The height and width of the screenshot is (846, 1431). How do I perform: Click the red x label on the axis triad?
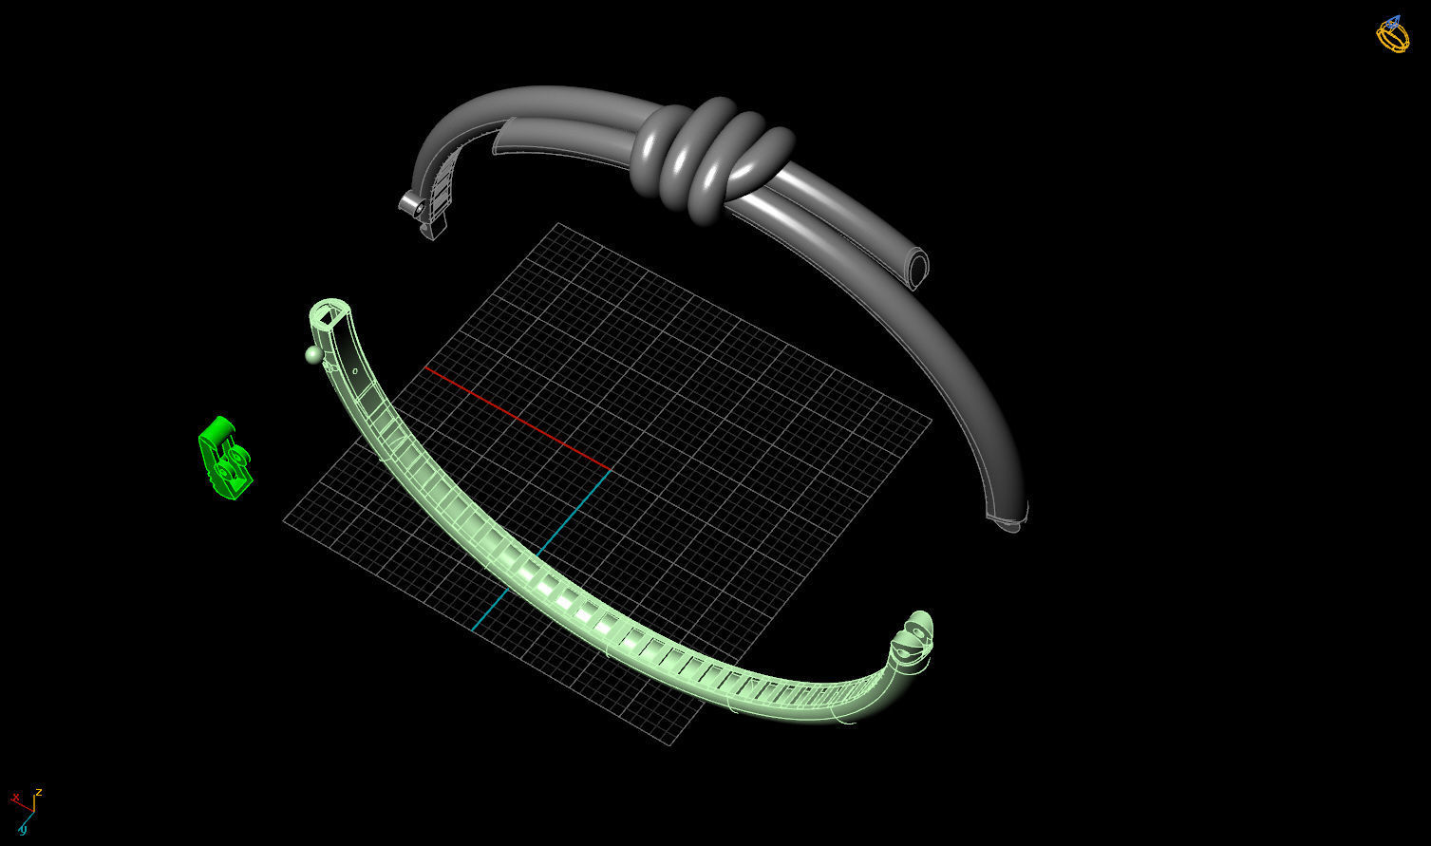pyautogui.click(x=15, y=798)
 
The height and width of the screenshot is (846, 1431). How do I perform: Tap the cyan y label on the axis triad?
pyautogui.click(x=23, y=829)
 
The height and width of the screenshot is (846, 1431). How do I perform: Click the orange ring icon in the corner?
pyautogui.click(x=1393, y=36)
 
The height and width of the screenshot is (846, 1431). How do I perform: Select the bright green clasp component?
pyautogui.click(x=224, y=459)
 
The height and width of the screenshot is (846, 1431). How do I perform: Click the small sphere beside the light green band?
pyautogui.click(x=313, y=354)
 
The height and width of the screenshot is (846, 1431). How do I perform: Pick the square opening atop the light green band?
pyautogui.click(x=330, y=312)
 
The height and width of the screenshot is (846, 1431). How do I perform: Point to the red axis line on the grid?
pyautogui.click(x=518, y=419)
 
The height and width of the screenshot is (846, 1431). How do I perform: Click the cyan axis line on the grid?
pyautogui.click(x=541, y=550)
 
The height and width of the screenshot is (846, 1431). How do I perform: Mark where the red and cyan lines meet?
pyautogui.click(x=609, y=469)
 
